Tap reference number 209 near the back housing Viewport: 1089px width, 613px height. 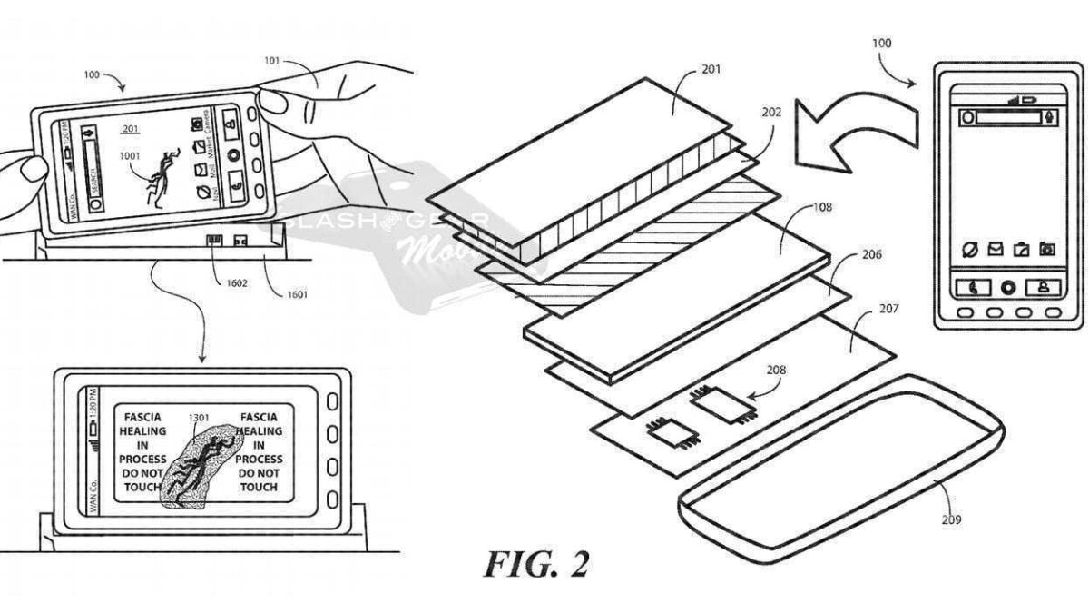coord(950,519)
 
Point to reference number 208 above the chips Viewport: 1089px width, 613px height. coord(776,371)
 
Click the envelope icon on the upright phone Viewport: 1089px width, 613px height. coord(996,249)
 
